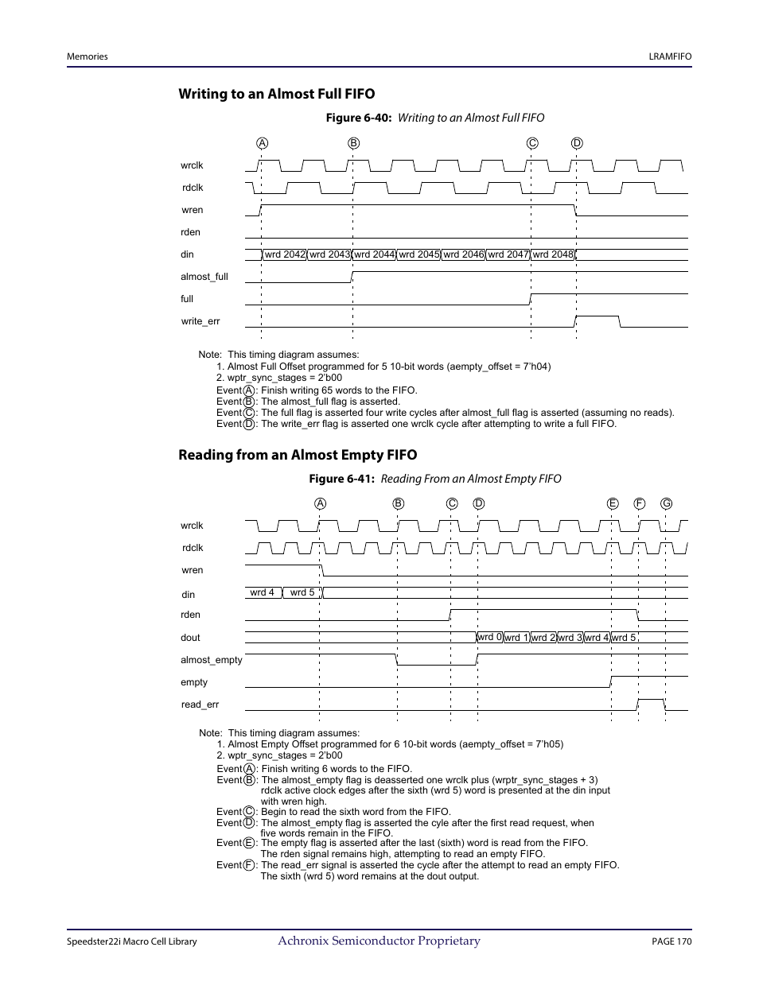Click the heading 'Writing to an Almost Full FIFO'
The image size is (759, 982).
pyautogui.click(x=276, y=94)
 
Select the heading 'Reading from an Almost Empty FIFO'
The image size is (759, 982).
pyautogui.click(x=297, y=455)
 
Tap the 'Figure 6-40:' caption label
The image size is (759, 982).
pyautogui.click(x=358, y=118)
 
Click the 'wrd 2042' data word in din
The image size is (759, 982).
pyautogui.click(x=285, y=254)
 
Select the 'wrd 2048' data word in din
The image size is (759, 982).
pyautogui.click(x=553, y=254)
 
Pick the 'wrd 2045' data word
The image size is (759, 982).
pyautogui.click(x=418, y=254)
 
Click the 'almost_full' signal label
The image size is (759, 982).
pyautogui.click(x=204, y=277)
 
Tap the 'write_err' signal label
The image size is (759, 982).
pyautogui.click(x=200, y=321)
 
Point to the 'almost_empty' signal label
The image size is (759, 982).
pyautogui.click(x=212, y=660)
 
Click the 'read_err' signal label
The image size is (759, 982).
pyautogui.click(x=200, y=704)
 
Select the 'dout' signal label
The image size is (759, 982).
pyautogui.click(x=190, y=638)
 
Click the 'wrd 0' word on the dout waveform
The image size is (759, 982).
pyautogui.click(x=490, y=637)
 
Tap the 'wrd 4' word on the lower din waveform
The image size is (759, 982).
pyautogui.click(x=262, y=592)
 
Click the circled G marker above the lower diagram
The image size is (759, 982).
pyautogui.click(x=666, y=503)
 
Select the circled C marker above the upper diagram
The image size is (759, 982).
pyautogui.click(x=532, y=143)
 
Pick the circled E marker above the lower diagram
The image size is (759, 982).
pyautogui.click(x=612, y=503)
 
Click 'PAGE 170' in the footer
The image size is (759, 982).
pyautogui.click(x=671, y=941)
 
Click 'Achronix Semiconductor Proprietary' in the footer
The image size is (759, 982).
pyautogui.click(x=379, y=941)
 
